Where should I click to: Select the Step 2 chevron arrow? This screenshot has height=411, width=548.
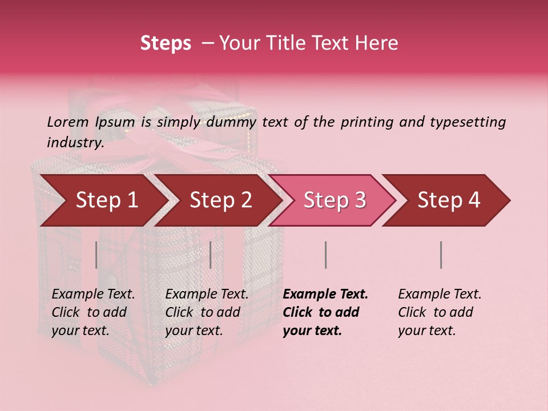[x=220, y=200]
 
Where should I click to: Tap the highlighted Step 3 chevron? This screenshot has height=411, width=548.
[x=335, y=200]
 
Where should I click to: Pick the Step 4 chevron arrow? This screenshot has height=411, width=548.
[x=449, y=200]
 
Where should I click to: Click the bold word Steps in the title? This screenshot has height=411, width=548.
[x=166, y=43]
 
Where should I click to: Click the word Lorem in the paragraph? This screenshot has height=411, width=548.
[x=67, y=122]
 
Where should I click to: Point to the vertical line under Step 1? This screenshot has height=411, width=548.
[x=96, y=255]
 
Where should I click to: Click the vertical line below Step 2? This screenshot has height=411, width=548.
[x=211, y=255]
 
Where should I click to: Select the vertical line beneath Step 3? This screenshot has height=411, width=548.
[x=325, y=255]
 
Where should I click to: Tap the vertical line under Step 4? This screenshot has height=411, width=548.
[x=441, y=255]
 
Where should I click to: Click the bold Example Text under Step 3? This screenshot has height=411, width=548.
[x=325, y=295]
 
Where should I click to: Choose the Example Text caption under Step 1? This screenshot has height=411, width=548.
[x=93, y=295]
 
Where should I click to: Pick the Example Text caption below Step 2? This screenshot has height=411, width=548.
[x=207, y=295]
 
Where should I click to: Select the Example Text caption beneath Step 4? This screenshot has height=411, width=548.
[x=440, y=295]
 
